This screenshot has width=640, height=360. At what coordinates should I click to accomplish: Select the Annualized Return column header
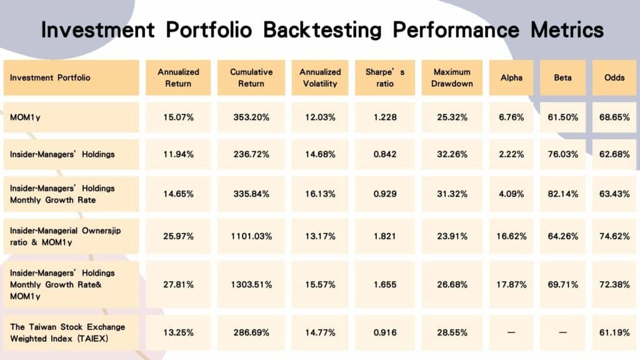(178, 77)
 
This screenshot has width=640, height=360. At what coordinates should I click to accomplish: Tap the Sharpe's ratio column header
(385, 77)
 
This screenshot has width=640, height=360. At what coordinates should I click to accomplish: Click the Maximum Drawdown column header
(452, 77)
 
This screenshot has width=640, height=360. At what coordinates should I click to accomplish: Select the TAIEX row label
(67, 332)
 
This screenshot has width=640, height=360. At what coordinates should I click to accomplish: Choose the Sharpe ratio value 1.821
(385, 236)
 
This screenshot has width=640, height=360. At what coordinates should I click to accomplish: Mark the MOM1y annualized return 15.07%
(178, 117)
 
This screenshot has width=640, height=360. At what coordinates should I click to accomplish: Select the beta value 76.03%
(562, 154)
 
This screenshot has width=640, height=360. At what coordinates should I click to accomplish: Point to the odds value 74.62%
(613, 236)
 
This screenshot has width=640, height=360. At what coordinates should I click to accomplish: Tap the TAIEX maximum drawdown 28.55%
(452, 332)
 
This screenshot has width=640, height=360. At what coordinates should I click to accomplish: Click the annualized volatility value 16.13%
(319, 194)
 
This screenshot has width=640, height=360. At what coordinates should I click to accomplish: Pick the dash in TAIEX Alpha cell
(511, 332)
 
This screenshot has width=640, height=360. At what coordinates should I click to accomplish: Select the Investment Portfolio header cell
(50, 77)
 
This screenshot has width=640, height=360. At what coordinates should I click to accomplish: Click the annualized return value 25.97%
(178, 236)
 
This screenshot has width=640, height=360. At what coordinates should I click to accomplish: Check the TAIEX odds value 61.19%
(613, 332)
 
